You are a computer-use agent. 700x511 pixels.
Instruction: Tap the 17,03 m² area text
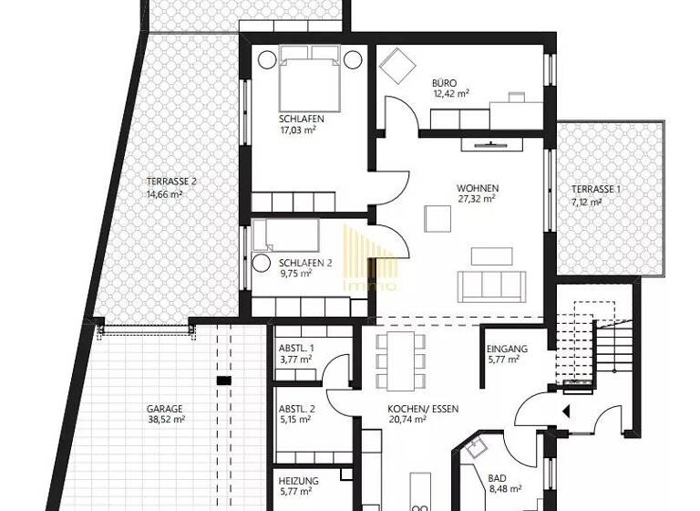pos(298,130)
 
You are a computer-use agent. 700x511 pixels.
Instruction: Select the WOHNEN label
pos(477,188)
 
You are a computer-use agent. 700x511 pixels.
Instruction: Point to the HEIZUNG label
pos(298,481)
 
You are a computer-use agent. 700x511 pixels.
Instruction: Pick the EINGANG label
pos(506,348)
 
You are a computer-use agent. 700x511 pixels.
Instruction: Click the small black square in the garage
pos(222,380)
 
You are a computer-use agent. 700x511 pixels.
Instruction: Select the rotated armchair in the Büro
pos(396,65)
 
